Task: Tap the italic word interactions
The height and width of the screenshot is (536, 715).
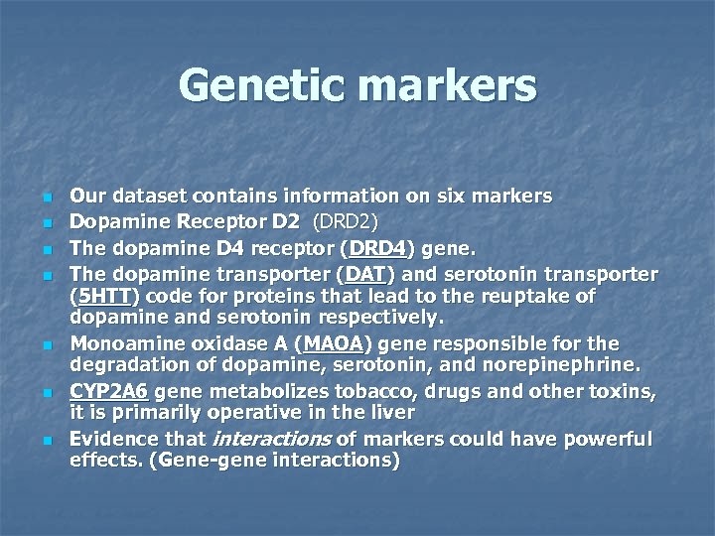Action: tap(258, 439)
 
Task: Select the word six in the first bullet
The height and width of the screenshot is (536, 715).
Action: tap(451, 197)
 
